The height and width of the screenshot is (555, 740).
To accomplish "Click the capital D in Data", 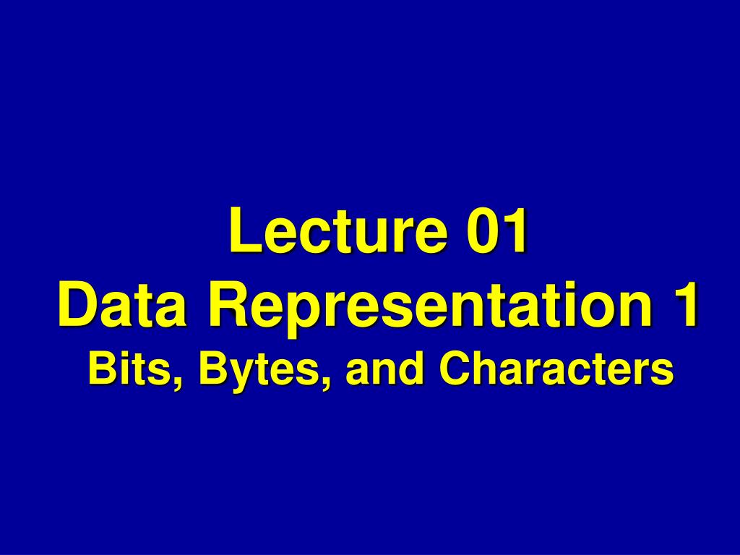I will tap(76, 306).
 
